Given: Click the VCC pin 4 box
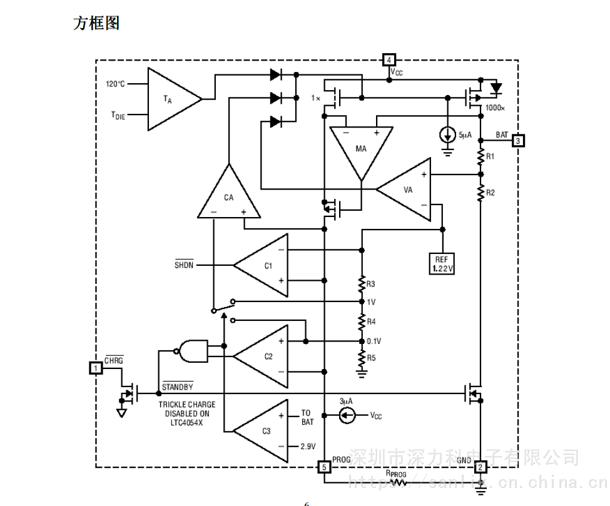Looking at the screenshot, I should pyautogui.click(x=389, y=60).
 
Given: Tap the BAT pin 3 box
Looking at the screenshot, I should pyautogui.click(x=518, y=141).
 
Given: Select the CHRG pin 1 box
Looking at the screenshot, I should pyautogui.click(x=95, y=368).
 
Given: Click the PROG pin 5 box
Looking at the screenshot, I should pyautogui.click(x=323, y=467).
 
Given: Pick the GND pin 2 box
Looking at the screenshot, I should pyautogui.click(x=480, y=467).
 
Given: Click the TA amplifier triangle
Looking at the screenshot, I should pyautogui.click(x=170, y=99).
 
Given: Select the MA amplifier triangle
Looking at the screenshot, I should pyautogui.click(x=361, y=149).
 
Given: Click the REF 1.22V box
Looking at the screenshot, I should pyautogui.click(x=442, y=263).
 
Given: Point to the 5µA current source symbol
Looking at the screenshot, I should pyautogui.click(x=448, y=135).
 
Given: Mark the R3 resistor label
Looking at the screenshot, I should pyautogui.click(x=371, y=285).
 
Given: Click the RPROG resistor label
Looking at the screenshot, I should pyautogui.click(x=395, y=475).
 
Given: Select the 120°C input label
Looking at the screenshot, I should pyautogui.click(x=115, y=84).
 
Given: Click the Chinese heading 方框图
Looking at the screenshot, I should pyautogui.click(x=96, y=23).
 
